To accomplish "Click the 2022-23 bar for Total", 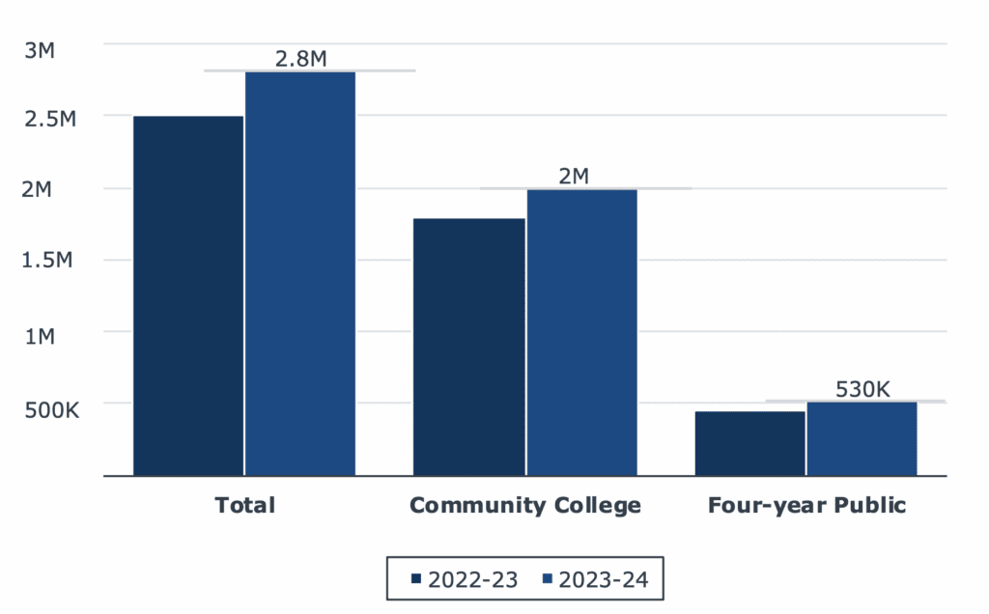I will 188,295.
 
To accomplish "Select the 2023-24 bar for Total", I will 300,273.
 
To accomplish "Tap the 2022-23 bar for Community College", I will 469,347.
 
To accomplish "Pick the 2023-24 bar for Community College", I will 581,332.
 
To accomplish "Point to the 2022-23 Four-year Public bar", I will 749,443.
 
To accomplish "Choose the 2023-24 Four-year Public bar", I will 862,438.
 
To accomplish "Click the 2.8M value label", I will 300,58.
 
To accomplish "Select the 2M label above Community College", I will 573,176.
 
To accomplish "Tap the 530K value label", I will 862,389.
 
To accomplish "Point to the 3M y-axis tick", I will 42,50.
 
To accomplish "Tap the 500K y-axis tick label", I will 50,408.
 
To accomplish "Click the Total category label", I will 244,505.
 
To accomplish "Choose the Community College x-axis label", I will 524,505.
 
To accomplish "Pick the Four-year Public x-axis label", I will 806,505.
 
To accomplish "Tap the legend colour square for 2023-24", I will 547,579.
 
